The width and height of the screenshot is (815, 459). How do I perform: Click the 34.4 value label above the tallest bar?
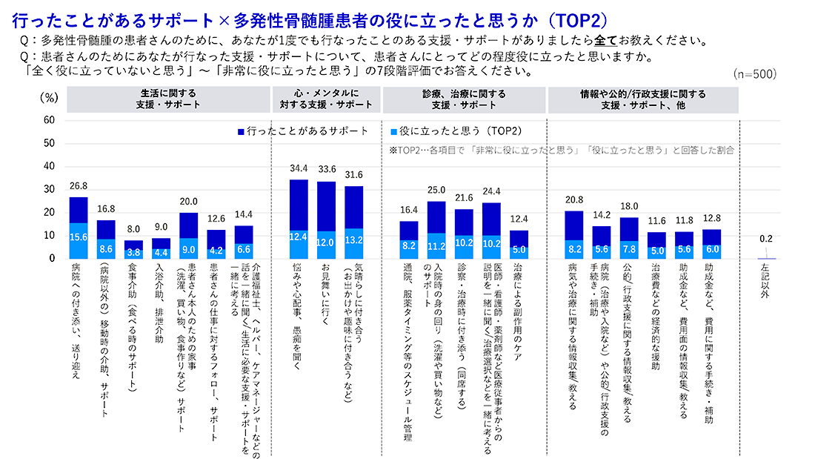[x=299, y=170]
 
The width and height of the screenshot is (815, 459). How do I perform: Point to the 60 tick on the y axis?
[x=49, y=119]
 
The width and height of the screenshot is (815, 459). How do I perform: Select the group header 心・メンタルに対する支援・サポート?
[x=326, y=99]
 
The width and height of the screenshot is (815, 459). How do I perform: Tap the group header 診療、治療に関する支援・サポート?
[x=464, y=99]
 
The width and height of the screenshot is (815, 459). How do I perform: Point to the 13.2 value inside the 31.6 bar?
[x=354, y=240]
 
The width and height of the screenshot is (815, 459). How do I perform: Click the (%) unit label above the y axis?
[x=49, y=96]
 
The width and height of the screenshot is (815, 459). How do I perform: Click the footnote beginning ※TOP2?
[x=561, y=150]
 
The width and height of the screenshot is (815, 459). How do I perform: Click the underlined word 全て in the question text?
[x=604, y=40]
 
